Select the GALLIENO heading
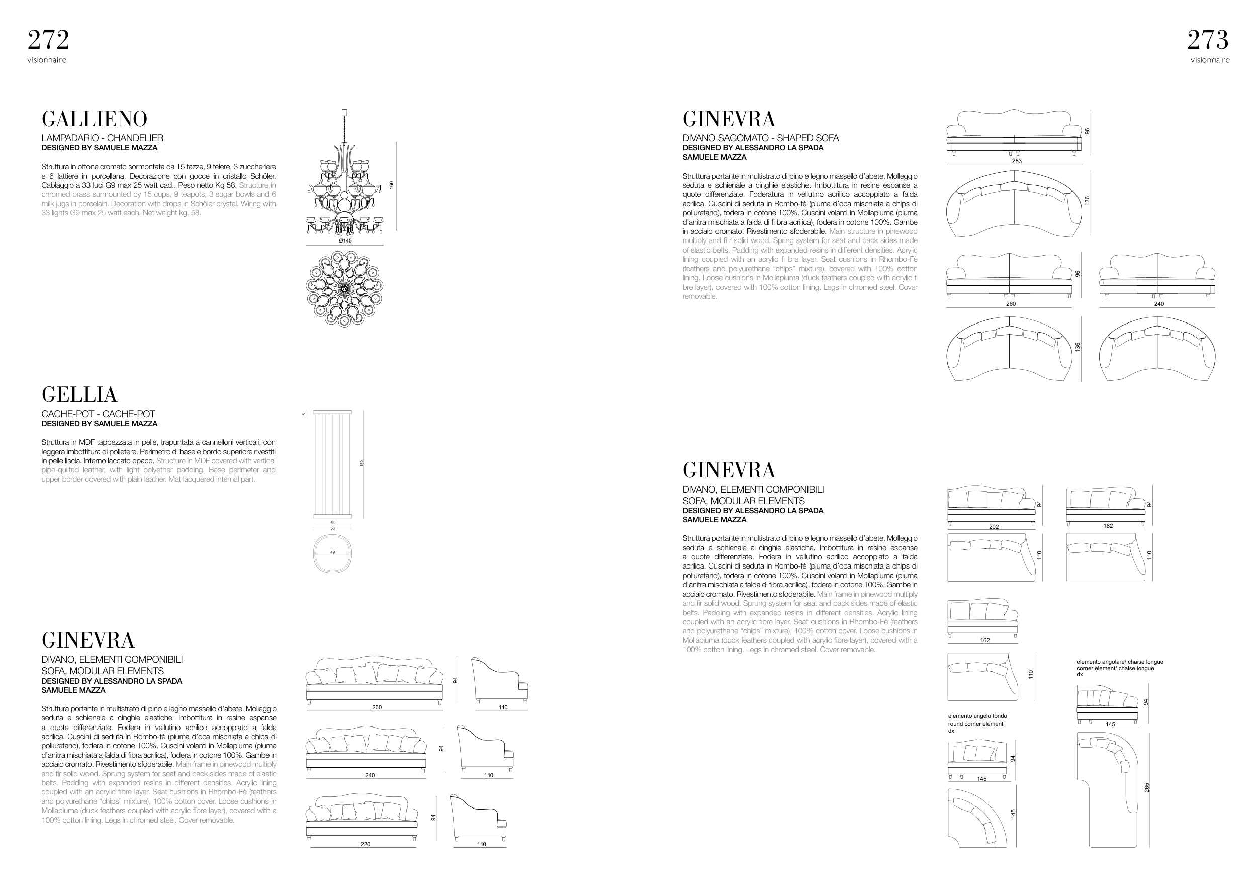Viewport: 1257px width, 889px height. click(94, 119)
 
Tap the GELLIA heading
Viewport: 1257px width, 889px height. click(79, 394)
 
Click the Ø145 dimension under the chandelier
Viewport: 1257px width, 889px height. click(345, 240)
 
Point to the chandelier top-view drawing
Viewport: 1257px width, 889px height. click(344, 289)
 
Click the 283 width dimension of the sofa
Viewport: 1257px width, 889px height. click(1017, 161)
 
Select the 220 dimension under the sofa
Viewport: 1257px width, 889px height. click(365, 844)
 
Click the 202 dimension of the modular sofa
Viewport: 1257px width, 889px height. click(994, 526)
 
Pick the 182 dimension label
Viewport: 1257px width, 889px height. click(1108, 526)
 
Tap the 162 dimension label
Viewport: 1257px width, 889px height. click(985, 640)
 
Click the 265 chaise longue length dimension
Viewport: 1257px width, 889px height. click(1147, 787)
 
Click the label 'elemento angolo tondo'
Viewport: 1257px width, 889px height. click(977, 716)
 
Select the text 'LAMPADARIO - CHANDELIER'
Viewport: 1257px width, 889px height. click(103, 138)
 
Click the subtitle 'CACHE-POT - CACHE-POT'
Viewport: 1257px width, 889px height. click(98, 414)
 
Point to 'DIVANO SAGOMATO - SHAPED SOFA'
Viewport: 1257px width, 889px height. click(760, 138)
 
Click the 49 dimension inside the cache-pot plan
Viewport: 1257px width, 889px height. click(333, 553)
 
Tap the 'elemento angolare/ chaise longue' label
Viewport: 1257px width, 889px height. click(1120, 662)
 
